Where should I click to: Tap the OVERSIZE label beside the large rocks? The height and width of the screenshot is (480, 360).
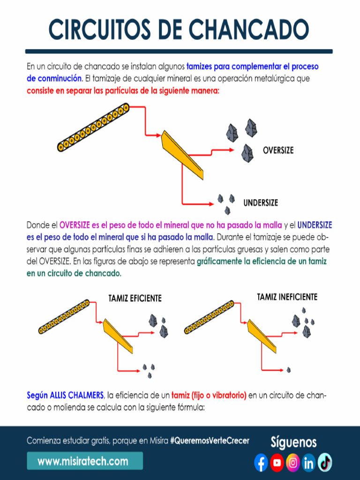tap(278, 150)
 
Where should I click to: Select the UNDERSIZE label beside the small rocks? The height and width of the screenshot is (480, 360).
tap(261, 203)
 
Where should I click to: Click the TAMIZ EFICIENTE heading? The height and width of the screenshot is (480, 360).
tap(135, 298)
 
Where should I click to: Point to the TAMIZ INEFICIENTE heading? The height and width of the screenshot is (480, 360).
tap(287, 297)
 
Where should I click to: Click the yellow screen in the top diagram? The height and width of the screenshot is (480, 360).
tap(182, 154)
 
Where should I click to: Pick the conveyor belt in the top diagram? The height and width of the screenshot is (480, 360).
tap(93, 127)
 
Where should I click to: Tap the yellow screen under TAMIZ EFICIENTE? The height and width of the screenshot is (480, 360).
tap(118, 335)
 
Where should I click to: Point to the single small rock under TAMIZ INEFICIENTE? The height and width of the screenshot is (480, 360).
tap(288, 370)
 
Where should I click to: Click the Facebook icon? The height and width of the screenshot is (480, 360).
tap(261, 463)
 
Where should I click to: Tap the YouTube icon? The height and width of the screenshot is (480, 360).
tap(277, 463)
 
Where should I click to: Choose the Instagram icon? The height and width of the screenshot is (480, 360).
tap(293, 463)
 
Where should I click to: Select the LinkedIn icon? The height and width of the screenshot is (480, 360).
tap(308, 463)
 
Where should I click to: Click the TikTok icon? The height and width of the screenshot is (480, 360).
tap(325, 463)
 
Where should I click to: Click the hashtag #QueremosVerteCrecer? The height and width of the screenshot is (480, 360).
tap(210, 441)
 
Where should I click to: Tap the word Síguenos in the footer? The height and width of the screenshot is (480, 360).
tap(293, 442)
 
